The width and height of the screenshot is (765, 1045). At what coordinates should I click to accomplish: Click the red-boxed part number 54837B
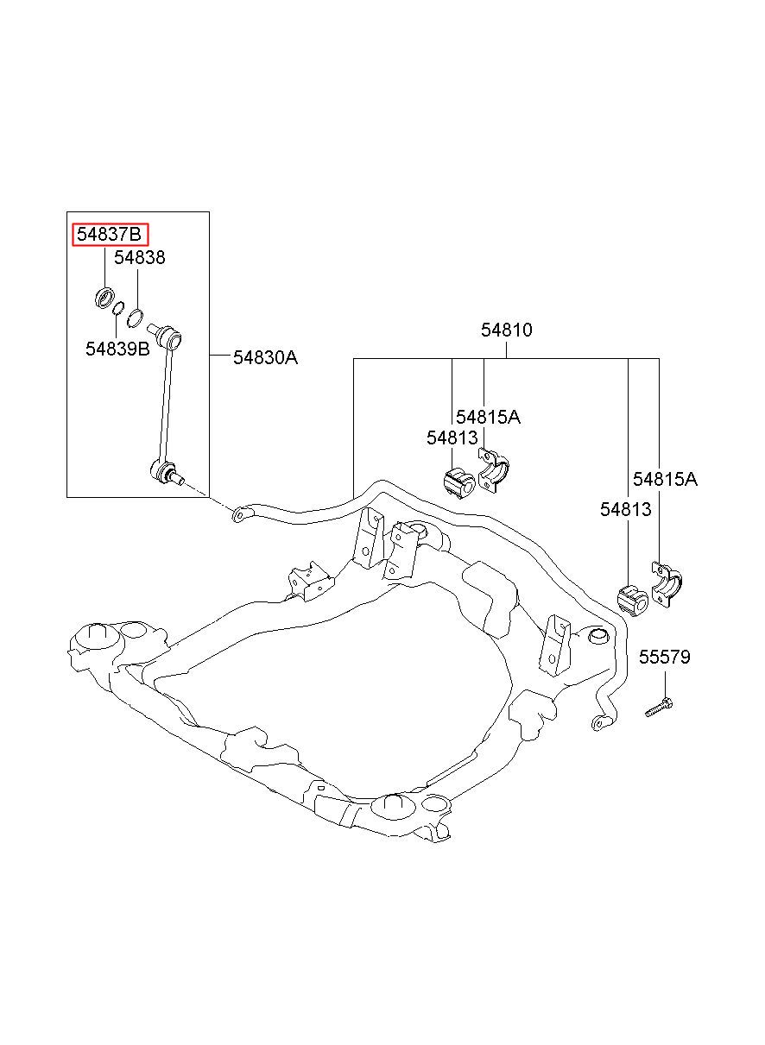pos(110,235)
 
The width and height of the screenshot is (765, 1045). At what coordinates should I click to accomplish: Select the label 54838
pos(140,258)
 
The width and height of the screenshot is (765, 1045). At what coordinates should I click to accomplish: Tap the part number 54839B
pos(117,349)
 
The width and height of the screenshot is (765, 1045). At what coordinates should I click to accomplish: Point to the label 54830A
pos(265,356)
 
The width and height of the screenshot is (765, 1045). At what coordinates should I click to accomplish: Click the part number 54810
pos(507,330)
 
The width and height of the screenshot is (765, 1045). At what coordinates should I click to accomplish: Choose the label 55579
pos(665,658)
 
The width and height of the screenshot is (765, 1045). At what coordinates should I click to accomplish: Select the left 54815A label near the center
pos(488,417)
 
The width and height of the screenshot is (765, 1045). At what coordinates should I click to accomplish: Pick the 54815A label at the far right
pos(665,479)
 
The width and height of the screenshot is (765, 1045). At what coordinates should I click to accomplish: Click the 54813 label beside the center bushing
pos(452,438)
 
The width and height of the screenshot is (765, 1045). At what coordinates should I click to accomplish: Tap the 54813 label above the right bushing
pos(626,510)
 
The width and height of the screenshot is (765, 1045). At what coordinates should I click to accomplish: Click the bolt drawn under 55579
pos(659,708)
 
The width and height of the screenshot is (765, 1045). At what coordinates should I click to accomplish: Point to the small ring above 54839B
pos(120,309)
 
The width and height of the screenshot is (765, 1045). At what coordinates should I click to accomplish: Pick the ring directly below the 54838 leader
pos(136,319)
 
